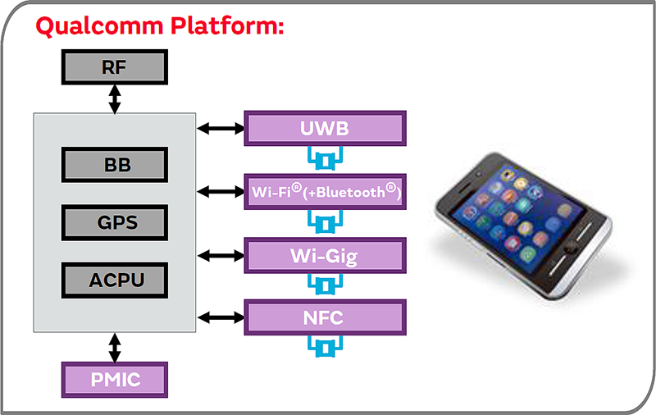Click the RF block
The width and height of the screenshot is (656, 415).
pos(115,67)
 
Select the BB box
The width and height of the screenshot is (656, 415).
pos(115,165)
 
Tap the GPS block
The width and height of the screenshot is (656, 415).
pos(115,222)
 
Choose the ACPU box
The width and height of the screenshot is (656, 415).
pos(115,280)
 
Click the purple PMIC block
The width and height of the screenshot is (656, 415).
pos(115,380)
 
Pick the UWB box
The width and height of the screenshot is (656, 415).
pos(325,128)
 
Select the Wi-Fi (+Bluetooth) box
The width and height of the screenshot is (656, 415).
pos(325,191)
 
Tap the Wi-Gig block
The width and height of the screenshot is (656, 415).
pos(325,255)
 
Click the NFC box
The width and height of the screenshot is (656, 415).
pos(325,317)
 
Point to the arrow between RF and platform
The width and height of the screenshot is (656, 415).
pos(115,98)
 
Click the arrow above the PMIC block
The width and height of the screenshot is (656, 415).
pos(115,347)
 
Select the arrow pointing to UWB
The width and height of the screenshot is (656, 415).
pos(221,128)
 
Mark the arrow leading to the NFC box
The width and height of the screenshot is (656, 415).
pos(221,317)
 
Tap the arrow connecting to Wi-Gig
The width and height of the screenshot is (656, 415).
pos(221,255)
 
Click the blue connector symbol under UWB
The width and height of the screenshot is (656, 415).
pos(325,157)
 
